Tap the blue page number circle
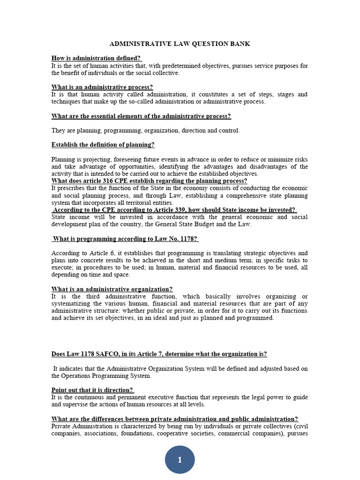[x=180, y=460]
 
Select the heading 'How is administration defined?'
[x=96, y=58]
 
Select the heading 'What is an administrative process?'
[x=102, y=87]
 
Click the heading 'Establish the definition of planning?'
[x=103, y=145]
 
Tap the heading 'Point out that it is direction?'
[x=92, y=390]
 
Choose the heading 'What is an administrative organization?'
[x=112, y=289]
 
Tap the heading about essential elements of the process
[x=141, y=116]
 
